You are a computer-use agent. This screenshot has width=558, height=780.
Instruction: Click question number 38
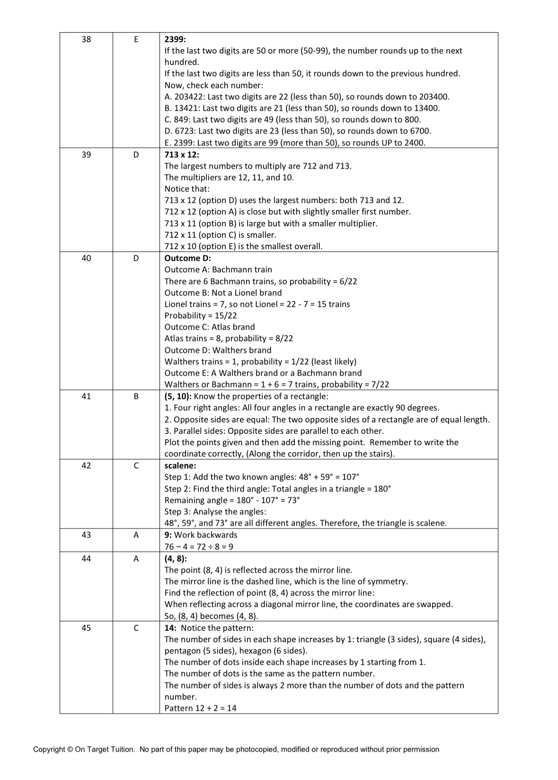(86, 39)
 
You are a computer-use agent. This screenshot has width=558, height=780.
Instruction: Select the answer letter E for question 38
(136, 39)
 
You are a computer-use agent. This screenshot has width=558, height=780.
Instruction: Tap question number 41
(86, 396)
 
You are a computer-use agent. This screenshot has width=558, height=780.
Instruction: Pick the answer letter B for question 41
(136, 396)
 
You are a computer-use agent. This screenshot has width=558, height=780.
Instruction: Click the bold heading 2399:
(175, 39)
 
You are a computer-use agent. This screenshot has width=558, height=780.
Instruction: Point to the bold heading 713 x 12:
(182, 154)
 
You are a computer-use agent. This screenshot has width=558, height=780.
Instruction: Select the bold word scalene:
(180, 466)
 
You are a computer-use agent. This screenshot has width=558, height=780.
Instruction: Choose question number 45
(86, 628)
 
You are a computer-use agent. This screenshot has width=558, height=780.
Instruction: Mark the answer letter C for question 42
(136, 466)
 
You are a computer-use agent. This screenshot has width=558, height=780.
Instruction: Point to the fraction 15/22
(226, 315)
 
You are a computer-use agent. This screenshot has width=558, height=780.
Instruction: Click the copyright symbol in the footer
(70, 749)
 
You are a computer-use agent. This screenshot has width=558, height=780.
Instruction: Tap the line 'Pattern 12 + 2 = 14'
(200, 708)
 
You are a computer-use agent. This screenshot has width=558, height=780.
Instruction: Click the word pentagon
(183, 651)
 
